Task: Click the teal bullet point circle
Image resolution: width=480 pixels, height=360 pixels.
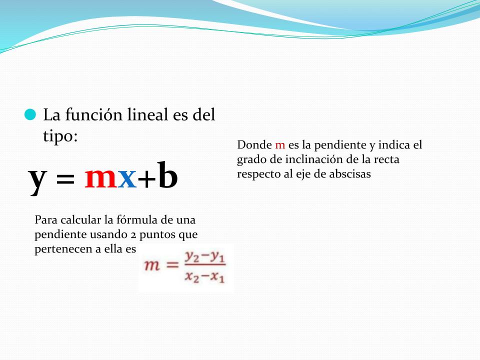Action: [30, 114]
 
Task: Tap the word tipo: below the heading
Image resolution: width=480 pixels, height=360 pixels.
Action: [60, 135]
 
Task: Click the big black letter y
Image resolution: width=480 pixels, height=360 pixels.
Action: [37, 179]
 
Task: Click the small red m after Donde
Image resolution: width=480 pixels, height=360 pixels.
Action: [280, 145]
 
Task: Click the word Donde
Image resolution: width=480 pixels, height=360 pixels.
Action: [254, 144]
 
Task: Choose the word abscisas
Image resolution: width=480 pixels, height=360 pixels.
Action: [350, 173]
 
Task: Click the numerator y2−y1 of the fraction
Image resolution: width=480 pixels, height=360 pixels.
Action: [205, 257]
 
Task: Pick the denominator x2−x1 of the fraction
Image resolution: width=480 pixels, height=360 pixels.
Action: [205, 276]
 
